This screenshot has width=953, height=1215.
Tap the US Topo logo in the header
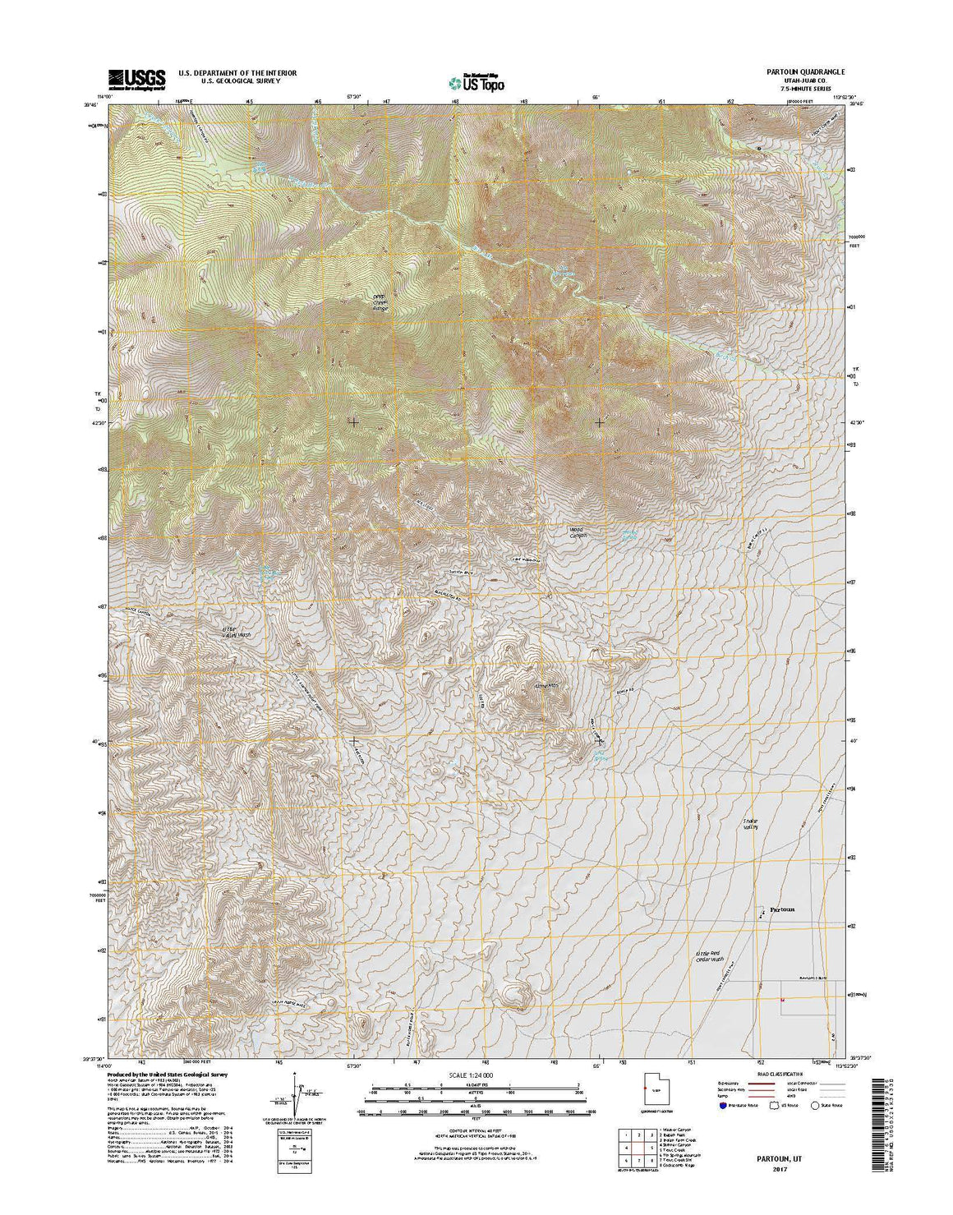[x=477, y=81]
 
